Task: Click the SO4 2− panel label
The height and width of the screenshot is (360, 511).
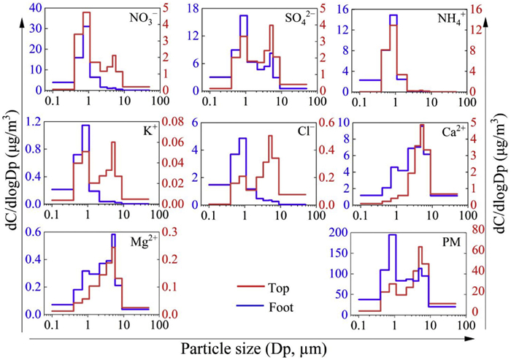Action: click(x=289, y=17)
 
